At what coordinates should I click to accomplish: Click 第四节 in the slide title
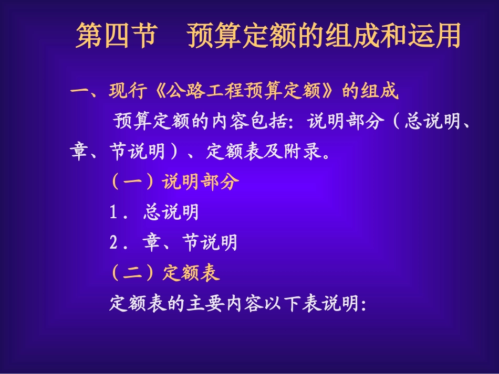tap(116, 36)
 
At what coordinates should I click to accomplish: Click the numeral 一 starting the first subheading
tap(80, 92)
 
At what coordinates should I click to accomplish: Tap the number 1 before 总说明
tap(113, 212)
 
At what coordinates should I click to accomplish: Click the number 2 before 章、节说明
tap(113, 242)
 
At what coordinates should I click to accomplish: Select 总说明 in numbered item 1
tap(171, 212)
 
